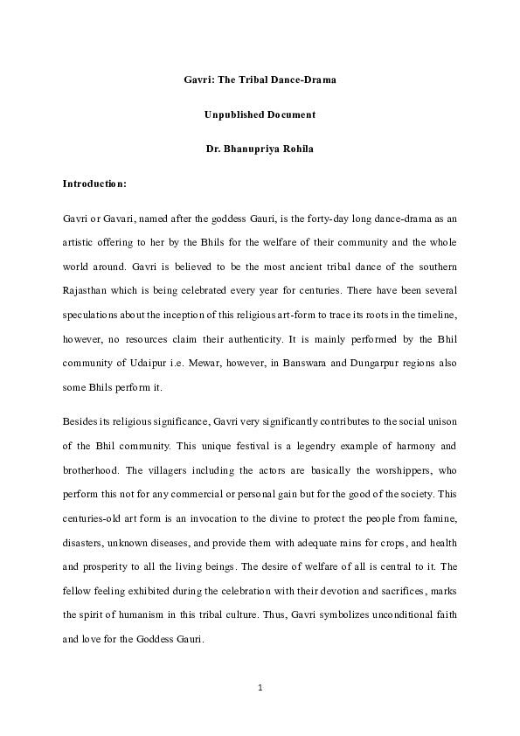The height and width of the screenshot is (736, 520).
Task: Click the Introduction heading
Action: coord(95,184)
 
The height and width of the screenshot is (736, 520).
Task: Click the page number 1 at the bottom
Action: coord(260,687)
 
